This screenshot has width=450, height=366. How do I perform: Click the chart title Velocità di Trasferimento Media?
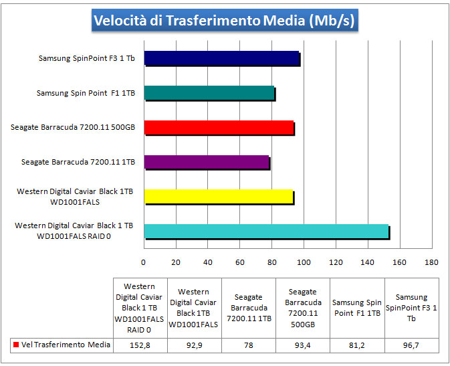(225, 21)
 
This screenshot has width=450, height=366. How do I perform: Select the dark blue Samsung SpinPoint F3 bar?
(221, 59)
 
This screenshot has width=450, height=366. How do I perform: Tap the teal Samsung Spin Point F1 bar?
(209, 94)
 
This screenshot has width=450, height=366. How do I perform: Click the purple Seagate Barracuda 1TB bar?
(207, 163)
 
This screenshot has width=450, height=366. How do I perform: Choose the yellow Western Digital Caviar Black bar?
(218, 197)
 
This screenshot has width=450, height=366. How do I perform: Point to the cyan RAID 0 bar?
(266, 232)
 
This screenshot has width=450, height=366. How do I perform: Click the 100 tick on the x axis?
(304, 262)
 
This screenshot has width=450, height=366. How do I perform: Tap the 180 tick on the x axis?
(432, 262)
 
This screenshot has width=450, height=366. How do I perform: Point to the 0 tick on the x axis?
(144, 262)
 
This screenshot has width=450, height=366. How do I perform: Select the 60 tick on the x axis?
(239, 262)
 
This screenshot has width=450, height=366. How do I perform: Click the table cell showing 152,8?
(140, 345)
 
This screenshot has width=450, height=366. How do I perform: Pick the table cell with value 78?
(248, 345)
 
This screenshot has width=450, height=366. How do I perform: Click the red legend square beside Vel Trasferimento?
(15, 345)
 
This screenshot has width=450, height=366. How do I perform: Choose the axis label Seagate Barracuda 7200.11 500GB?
(77, 127)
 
